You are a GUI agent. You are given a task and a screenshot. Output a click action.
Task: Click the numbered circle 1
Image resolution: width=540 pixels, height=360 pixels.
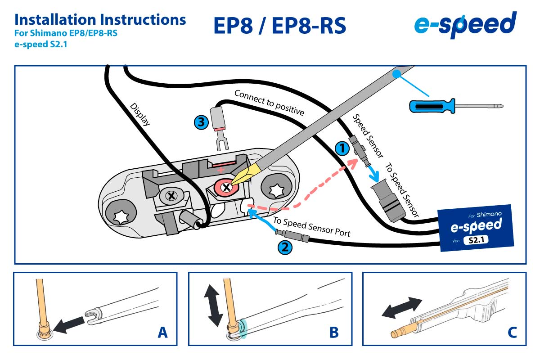click(342, 148)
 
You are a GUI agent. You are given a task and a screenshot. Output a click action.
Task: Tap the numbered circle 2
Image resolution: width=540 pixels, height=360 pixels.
click(284, 247)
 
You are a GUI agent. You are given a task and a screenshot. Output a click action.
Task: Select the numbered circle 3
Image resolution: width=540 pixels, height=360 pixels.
click(201, 121)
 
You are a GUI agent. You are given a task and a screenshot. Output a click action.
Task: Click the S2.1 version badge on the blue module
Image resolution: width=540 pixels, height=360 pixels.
click(476, 240)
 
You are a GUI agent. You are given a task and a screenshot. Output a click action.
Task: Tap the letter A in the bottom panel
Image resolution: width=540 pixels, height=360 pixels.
click(162, 333)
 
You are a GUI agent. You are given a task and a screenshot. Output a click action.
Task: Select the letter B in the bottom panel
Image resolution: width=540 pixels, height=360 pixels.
click(333, 333)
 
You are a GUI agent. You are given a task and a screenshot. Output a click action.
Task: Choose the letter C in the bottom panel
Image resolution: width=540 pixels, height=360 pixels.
click(512, 333)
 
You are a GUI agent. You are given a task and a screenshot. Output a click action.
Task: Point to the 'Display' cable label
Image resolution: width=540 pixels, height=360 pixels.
click(140, 114)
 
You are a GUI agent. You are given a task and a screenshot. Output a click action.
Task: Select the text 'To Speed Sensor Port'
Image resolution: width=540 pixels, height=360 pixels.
click(311, 228)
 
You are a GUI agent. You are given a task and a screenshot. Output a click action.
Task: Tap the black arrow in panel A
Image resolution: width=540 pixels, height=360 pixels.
click(72, 324)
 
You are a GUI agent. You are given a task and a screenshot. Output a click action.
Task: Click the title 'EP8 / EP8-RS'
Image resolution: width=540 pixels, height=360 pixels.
click(279, 26)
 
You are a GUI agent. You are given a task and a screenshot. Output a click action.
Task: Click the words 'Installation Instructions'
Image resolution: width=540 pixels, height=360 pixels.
click(100, 19)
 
